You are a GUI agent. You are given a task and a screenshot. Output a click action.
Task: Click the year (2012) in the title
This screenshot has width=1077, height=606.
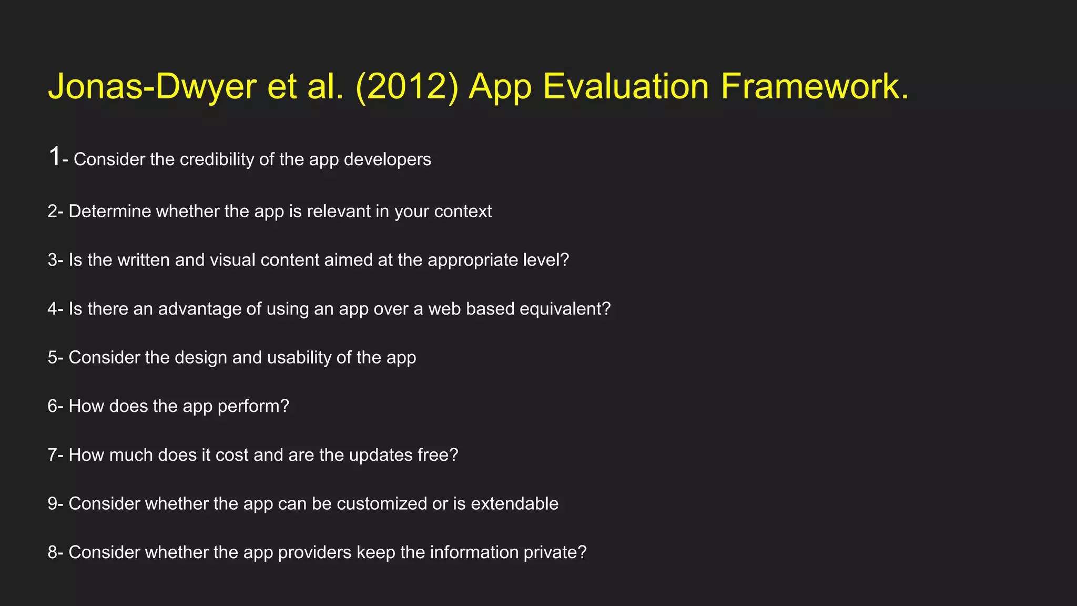click(x=407, y=87)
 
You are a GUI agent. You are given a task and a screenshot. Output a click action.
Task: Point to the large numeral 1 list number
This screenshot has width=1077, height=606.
click(x=54, y=157)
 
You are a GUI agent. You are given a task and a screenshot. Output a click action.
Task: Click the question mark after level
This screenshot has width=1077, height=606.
click(x=564, y=260)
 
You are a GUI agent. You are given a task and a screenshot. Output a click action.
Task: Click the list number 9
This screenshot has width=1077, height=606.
click(x=52, y=504)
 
